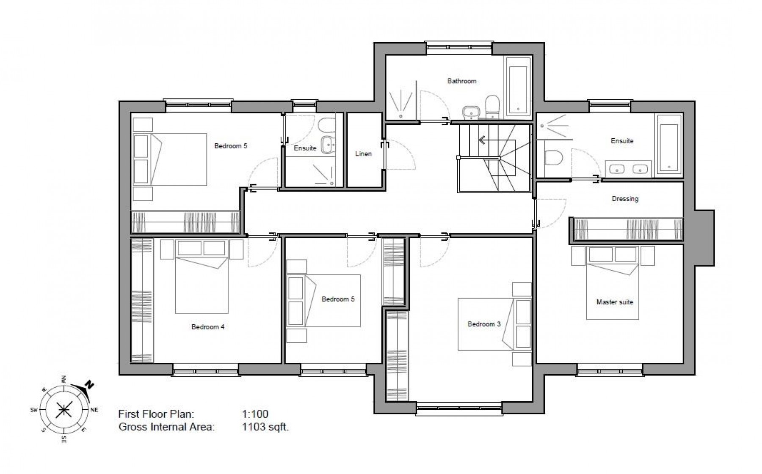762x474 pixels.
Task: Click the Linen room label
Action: (363, 153)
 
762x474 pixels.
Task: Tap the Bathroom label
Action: (461, 81)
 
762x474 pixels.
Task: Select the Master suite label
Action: (614, 302)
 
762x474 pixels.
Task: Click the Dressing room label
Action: (625, 198)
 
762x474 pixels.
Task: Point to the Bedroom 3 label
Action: (484, 324)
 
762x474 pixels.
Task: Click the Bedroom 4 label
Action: (208, 327)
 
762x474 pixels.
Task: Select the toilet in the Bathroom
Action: (492, 106)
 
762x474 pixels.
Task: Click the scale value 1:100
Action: (255, 414)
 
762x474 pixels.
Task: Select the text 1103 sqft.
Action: (265, 427)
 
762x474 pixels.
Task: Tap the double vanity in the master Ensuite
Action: (628, 169)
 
